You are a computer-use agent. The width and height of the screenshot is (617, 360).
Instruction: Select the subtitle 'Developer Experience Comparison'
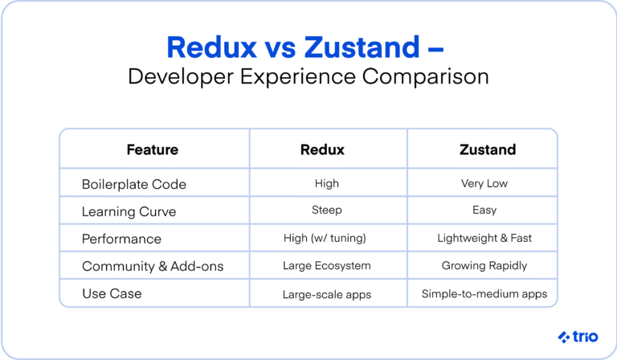[308, 78]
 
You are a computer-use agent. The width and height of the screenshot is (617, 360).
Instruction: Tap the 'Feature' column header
[152, 149]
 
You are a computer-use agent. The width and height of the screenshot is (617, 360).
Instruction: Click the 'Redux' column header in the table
[327, 149]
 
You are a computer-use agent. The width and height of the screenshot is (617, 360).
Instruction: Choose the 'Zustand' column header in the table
[484, 149]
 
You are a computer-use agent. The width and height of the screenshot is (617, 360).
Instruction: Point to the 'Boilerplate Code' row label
[133, 184]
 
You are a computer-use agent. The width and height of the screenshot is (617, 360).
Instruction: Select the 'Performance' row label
[121, 239]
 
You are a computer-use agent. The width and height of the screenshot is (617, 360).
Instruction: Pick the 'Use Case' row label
[112, 293]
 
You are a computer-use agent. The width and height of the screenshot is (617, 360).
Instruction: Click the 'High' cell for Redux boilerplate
[327, 184]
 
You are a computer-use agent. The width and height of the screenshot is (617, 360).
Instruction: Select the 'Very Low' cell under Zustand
[484, 184]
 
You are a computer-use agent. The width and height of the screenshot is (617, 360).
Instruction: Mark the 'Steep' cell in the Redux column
[327, 211]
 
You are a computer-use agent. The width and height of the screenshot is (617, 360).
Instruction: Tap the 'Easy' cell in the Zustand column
[484, 211]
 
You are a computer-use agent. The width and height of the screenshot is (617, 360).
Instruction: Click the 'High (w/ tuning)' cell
[327, 239]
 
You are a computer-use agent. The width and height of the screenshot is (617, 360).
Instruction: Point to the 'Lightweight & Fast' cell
[484, 239]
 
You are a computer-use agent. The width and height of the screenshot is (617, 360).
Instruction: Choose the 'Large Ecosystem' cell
[327, 266]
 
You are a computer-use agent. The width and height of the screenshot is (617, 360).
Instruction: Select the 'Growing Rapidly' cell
[484, 266]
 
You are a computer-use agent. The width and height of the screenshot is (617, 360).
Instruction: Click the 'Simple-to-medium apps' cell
[484, 294]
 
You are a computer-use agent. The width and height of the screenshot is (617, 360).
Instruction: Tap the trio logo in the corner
[577, 336]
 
